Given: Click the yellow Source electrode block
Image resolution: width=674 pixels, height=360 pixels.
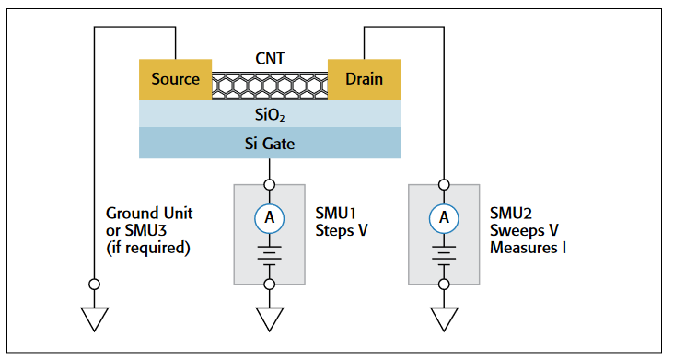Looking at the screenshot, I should (175, 79).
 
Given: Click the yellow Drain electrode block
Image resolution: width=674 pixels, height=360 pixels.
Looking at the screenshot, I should (364, 79).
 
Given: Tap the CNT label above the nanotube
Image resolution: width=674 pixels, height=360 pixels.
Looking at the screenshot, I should (269, 59).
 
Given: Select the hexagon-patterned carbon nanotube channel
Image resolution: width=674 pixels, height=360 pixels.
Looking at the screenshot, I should (270, 86).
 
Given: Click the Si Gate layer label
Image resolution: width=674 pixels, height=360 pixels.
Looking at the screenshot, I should (269, 143).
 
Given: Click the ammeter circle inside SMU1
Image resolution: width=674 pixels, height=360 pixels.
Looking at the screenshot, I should (269, 217).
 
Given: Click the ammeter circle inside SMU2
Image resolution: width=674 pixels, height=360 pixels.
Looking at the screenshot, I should (444, 217).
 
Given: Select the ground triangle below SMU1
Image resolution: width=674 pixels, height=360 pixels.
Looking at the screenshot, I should (269, 319).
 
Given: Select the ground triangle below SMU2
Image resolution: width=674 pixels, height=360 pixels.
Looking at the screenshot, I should (444, 319).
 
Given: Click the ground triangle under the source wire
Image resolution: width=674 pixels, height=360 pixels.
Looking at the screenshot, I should (94, 319).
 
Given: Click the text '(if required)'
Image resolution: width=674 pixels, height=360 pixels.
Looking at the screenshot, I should (147, 247).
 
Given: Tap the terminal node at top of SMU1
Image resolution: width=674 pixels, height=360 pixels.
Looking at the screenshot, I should (269, 183).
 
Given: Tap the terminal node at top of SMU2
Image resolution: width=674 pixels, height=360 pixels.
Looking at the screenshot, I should (444, 183).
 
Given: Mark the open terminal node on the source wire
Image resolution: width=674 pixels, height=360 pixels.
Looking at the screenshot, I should (94, 284).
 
